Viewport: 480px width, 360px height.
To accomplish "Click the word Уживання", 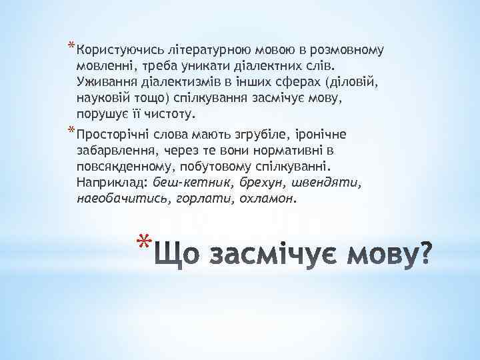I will coord(105,83).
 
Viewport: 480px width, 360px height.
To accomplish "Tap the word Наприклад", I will coord(113,182).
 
